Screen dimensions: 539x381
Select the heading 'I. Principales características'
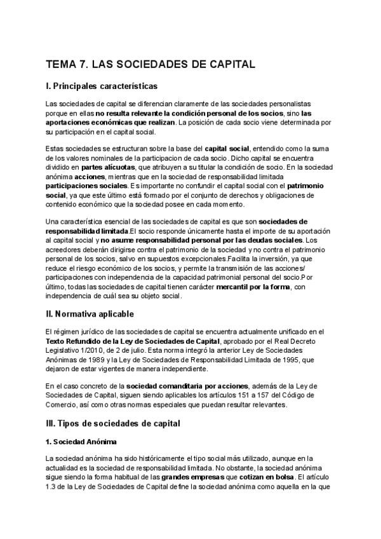pyautogui.click(x=102, y=86)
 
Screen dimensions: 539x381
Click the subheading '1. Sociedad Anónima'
pyautogui.click(x=81, y=441)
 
